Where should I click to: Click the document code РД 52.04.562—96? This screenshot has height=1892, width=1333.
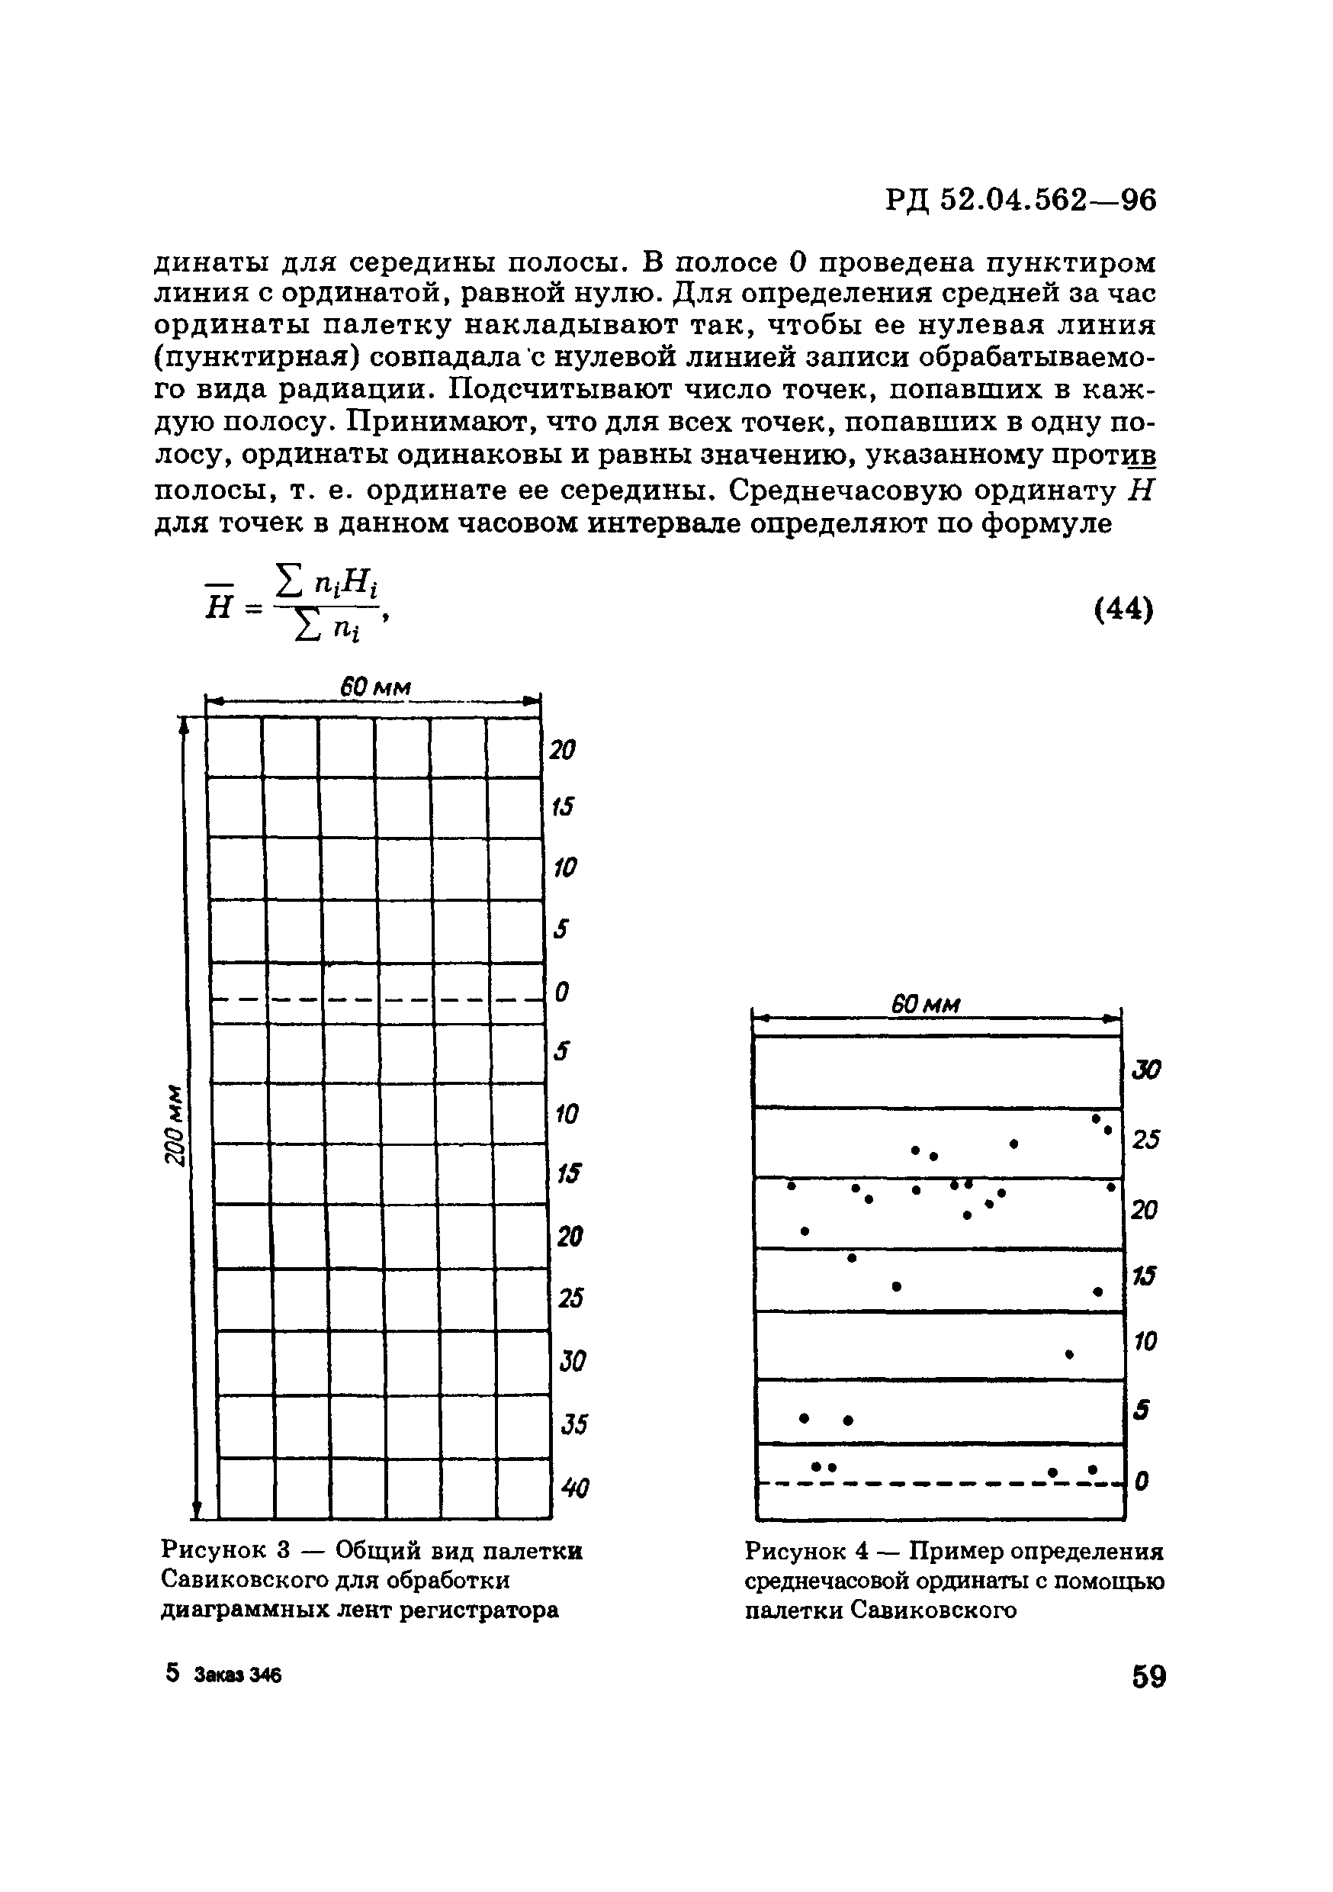point(1021,200)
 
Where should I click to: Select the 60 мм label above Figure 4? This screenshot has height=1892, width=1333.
point(926,1006)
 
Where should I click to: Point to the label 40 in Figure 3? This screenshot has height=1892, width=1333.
point(575,1488)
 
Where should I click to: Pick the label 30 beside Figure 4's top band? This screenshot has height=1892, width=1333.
point(1146,1070)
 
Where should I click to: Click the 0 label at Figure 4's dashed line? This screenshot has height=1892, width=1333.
point(1141,1482)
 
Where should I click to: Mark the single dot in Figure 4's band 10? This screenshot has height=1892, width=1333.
point(1069,1354)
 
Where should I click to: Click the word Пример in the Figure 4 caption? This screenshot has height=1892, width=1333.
point(956,1552)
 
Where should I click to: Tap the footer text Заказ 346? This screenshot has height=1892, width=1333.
point(238,1676)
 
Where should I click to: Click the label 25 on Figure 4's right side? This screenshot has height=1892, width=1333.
point(1146,1141)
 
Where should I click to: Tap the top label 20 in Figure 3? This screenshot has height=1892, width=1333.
point(563,750)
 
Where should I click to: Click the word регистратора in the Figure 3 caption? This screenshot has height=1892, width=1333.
point(479,1610)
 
